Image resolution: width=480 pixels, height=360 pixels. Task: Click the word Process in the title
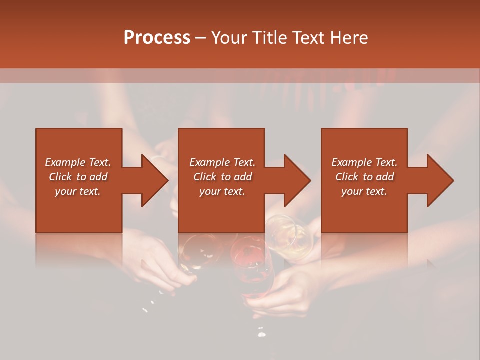157,38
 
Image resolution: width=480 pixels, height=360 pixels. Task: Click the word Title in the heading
271,38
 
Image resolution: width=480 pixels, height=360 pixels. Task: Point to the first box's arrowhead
155,180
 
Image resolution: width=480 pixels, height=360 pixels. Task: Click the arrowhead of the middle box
297,180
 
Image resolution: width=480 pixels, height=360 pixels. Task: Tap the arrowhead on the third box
440,180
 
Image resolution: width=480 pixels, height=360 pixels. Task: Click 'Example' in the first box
65,162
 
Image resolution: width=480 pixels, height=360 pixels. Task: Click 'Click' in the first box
60,177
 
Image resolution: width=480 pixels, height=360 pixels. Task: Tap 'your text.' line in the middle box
222,191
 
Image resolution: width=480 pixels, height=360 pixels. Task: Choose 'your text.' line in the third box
364,191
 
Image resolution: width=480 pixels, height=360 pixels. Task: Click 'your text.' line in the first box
77,191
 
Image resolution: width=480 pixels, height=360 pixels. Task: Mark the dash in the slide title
201,38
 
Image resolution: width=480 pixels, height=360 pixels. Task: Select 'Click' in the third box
347,177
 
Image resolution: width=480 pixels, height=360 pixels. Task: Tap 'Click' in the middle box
205,177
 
